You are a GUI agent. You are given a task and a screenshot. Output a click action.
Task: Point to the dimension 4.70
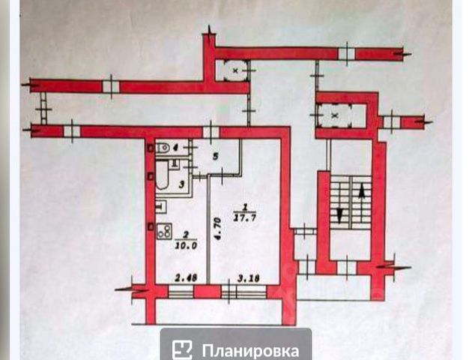(214, 226)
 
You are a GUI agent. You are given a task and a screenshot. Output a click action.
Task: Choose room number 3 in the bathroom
(181, 183)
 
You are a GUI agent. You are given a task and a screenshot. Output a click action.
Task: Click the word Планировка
(250, 349)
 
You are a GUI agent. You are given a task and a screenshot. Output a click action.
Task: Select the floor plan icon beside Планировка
(182, 349)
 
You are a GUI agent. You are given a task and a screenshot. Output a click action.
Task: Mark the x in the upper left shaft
(235, 70)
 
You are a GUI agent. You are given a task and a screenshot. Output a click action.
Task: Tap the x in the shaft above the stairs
(335, 116)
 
